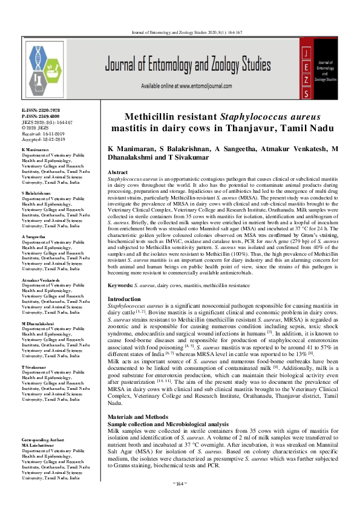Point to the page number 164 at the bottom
(x=180, y=500)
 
